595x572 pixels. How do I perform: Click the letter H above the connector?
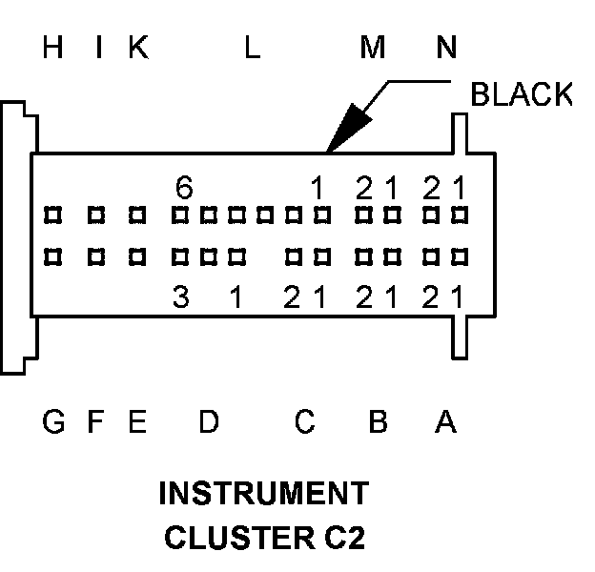53,49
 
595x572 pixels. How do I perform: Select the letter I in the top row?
99,49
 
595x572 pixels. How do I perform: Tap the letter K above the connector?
139,49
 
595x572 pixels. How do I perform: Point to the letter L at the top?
251,49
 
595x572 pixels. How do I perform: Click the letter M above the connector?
372,49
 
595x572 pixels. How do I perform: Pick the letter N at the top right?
446,49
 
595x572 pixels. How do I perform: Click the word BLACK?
522,94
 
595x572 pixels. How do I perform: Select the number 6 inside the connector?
184,189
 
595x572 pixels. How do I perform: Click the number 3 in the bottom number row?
180,298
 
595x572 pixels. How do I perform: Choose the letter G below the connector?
54,420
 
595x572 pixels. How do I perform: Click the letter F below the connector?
95,420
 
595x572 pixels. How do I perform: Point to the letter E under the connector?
137,420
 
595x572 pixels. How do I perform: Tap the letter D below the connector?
209,420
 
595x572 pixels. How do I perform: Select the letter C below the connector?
303,420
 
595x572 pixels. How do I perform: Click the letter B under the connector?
378,420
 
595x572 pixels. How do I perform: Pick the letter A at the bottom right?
445,420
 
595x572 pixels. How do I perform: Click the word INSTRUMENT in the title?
263,494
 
